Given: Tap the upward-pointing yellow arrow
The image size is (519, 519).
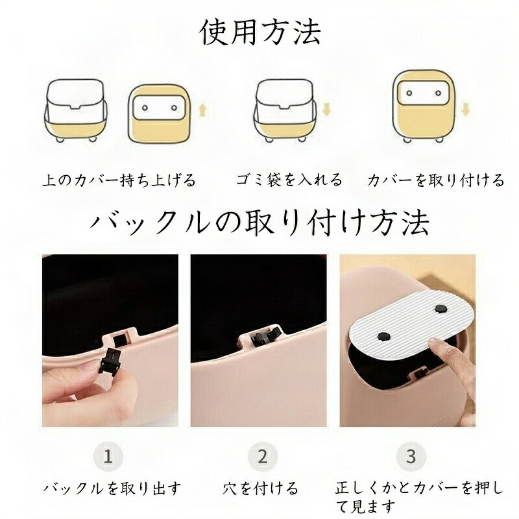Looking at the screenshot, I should [203, 111].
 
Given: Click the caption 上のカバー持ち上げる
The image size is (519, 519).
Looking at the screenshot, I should [119, 180].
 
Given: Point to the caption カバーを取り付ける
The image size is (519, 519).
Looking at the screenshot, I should [435, 180].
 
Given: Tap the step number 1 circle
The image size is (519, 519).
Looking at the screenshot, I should [109, 456].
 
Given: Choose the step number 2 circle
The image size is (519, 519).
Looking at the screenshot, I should [262, 456].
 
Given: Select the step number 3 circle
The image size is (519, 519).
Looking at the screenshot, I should [411, 456].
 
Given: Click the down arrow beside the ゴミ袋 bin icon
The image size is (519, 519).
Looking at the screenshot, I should [326, 110].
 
